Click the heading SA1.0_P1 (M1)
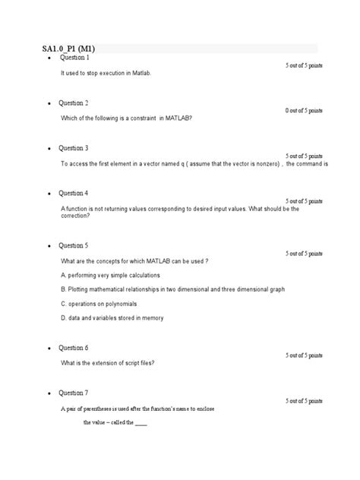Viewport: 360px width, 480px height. click(x=68, y=49)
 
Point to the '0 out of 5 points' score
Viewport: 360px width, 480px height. click(x=304, y=111)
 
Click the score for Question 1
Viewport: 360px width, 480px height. click(x=304, y=66)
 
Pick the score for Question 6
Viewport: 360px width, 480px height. click(x=304, y=355)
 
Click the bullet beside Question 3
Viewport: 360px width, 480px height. click(x=49, y=149)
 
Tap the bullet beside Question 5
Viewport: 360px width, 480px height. click(x=49, y=247)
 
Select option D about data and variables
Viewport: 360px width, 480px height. click(x=112, y=318)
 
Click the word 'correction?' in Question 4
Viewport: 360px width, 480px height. click(x=75, y=216)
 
